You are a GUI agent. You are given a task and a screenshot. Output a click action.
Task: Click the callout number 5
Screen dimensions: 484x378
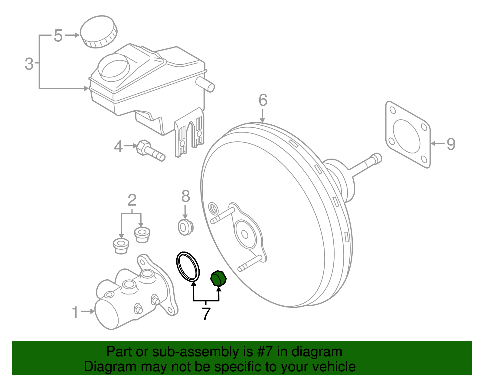58,36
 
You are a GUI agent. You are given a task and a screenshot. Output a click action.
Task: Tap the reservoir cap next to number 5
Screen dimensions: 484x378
98,31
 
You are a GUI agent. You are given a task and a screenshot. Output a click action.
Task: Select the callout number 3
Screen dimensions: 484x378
29,64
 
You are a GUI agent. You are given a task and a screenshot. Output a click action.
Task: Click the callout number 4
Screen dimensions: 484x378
118,146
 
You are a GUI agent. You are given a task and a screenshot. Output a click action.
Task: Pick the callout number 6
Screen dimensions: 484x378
263,100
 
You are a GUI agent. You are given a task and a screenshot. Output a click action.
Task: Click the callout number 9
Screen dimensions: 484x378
451,144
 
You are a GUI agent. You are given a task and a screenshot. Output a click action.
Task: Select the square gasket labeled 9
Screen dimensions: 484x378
408,135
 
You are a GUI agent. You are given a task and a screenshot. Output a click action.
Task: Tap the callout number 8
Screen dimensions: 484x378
185,196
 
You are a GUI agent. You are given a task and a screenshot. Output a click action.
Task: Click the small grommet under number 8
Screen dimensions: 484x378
185,227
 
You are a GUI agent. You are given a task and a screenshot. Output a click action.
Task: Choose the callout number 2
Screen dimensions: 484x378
132,200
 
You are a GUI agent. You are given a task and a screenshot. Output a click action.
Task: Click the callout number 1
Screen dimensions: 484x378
75,312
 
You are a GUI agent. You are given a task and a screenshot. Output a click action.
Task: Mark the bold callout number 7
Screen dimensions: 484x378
206,314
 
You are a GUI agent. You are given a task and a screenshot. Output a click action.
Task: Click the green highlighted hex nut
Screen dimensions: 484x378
218,278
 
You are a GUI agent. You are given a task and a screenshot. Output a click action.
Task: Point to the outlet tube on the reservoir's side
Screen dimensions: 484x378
205,84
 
